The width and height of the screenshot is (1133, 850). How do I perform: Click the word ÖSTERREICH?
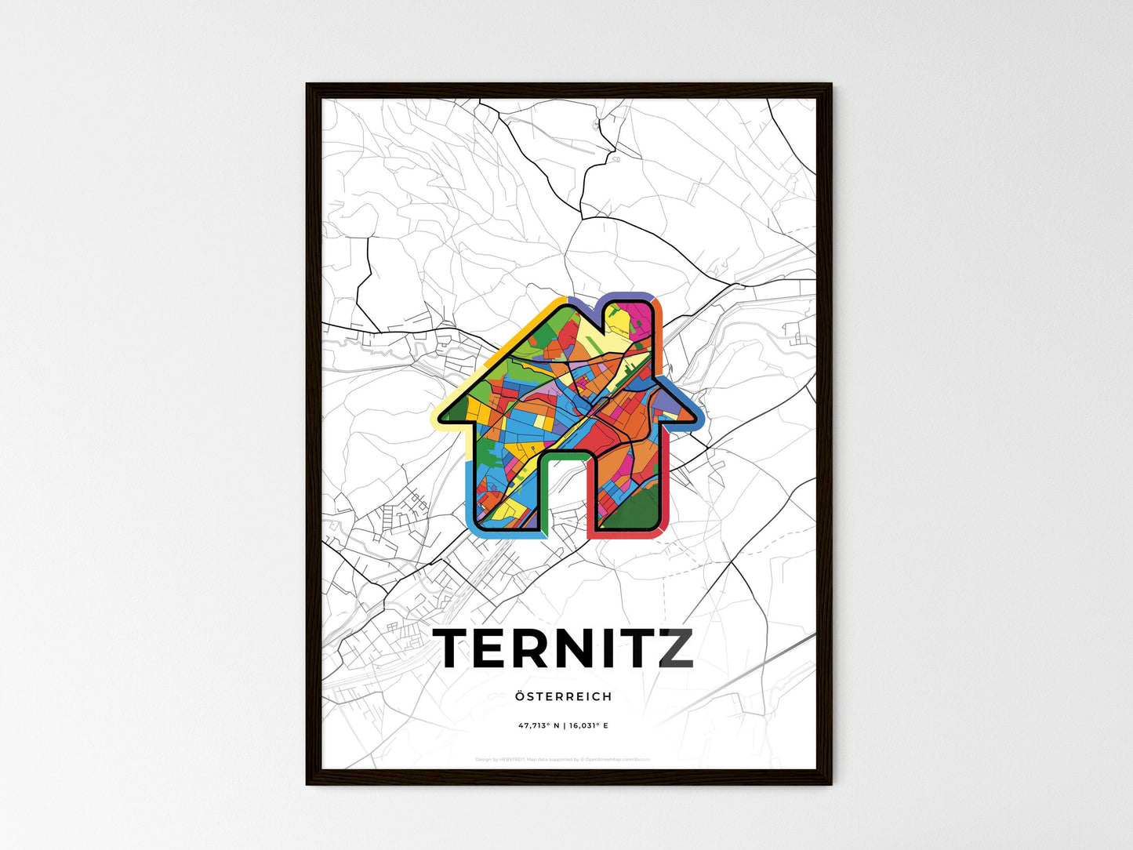point(564,696)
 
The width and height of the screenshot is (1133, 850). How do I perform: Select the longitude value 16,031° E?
point(589,725)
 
